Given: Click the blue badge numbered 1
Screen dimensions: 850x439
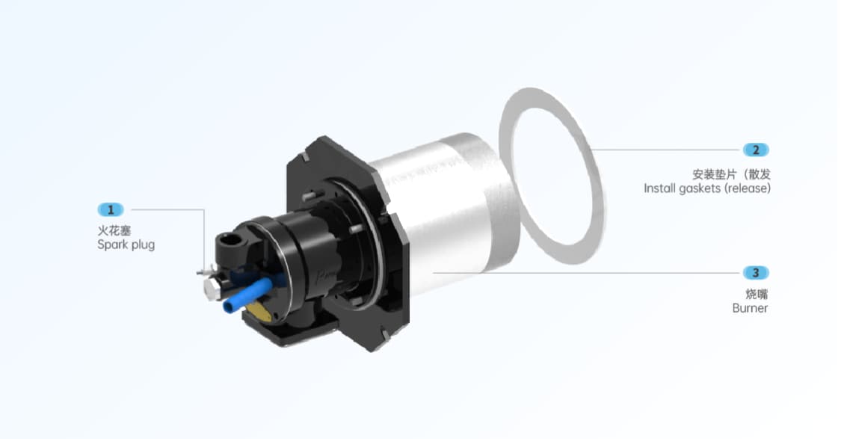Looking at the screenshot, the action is [111, 209].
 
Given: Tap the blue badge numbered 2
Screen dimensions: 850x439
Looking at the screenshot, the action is [756, 150].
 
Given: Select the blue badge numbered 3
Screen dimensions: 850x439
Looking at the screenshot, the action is [756, 273].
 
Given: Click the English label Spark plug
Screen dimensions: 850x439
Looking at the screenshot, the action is [126, 245].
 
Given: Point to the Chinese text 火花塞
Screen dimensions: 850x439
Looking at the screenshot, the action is [114, 231].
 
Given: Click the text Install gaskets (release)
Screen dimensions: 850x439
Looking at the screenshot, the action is [707, 188].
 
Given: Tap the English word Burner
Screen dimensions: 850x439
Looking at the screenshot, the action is [750, 308].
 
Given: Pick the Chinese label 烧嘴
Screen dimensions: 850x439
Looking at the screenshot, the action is [757, 295].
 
